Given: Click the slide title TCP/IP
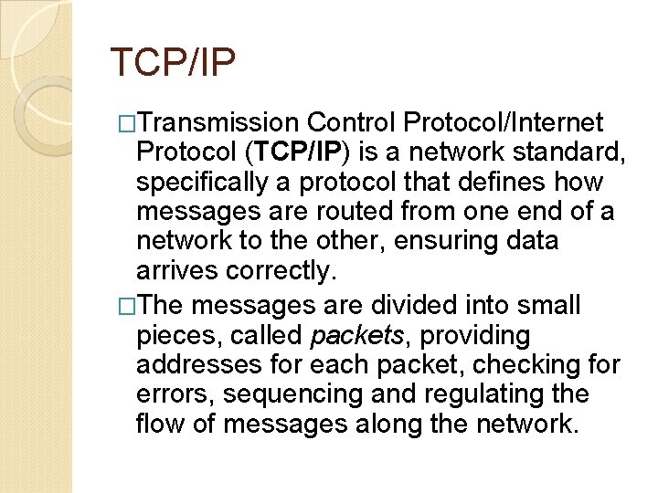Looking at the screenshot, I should [x=173, y=63].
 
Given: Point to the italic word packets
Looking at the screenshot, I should [x=357, y=335].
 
